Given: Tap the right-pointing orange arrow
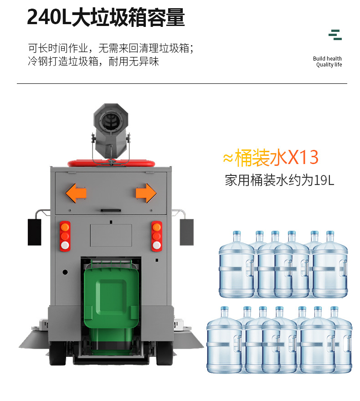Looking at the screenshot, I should click(x=146, y=193).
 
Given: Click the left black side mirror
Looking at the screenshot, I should click(x=35, y=231).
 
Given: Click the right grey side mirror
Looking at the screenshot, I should click(x=186, y=231).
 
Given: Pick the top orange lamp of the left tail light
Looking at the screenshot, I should click(x=65, y=226).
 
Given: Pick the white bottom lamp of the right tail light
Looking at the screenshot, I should click(x=157, y=245).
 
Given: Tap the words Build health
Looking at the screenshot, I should click(x=327, y=59).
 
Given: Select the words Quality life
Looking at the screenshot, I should click(x=329, y=65).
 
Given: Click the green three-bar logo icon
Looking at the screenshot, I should click(x=335, y=35).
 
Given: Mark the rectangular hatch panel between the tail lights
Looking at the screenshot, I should click(x=111, y=236).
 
